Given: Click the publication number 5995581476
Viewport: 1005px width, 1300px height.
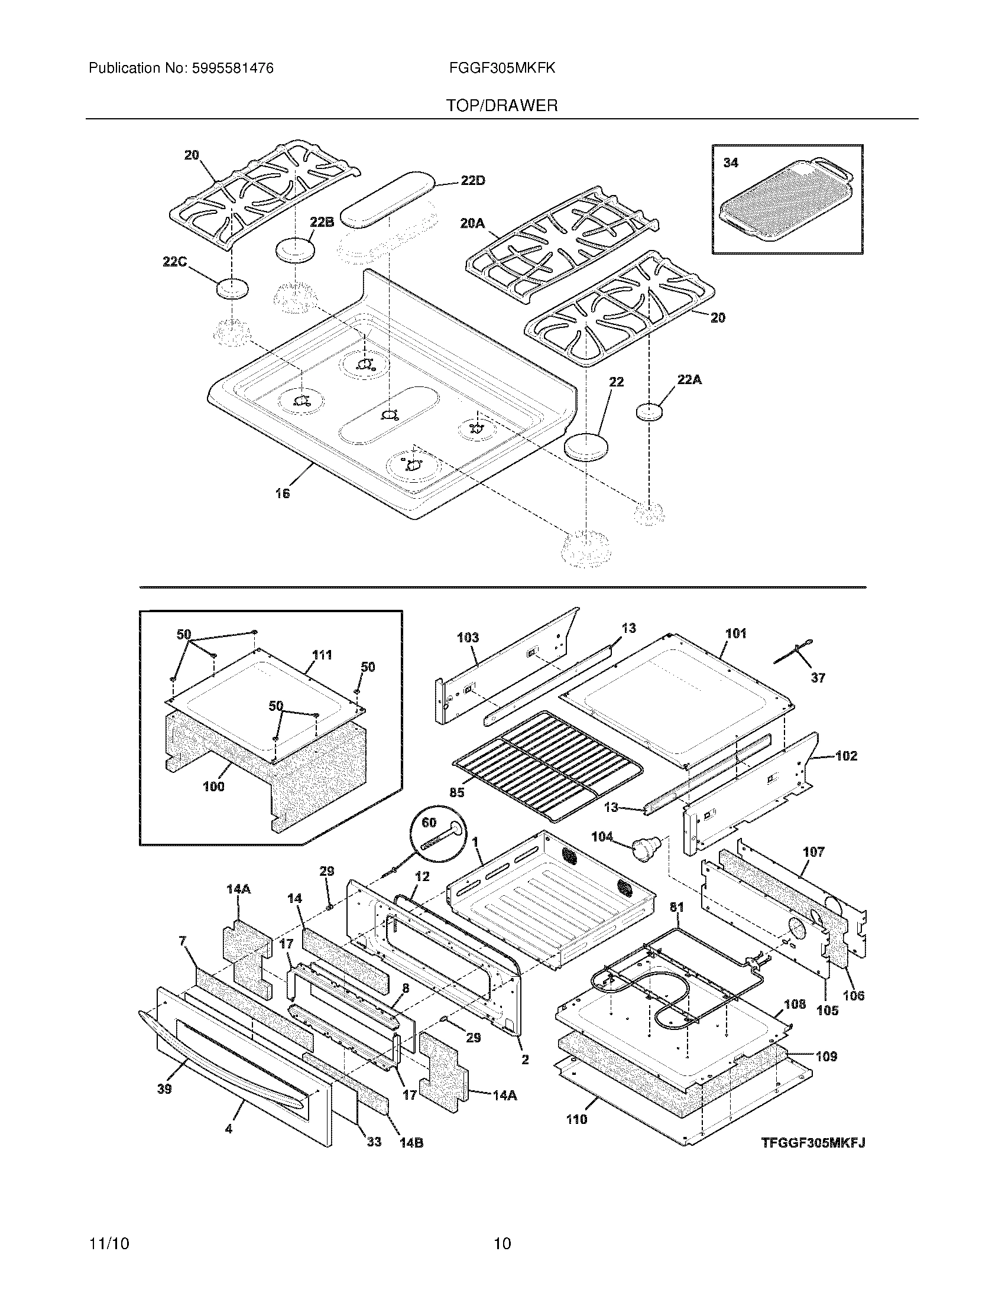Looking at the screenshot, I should coord(232,69).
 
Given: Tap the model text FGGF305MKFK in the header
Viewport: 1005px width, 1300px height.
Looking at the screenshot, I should coord(502,69).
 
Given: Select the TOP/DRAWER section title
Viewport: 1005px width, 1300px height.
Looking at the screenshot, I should coord(502,106).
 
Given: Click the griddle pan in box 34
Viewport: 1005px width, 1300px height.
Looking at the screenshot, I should coord(784,200).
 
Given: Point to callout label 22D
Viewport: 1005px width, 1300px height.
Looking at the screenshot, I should coord(472,180).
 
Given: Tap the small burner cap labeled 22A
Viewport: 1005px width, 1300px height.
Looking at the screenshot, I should coord(650,412).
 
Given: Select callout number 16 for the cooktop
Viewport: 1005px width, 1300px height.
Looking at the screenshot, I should coord(282,493).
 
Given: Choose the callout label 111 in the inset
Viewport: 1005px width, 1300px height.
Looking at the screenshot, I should coord(322,655).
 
